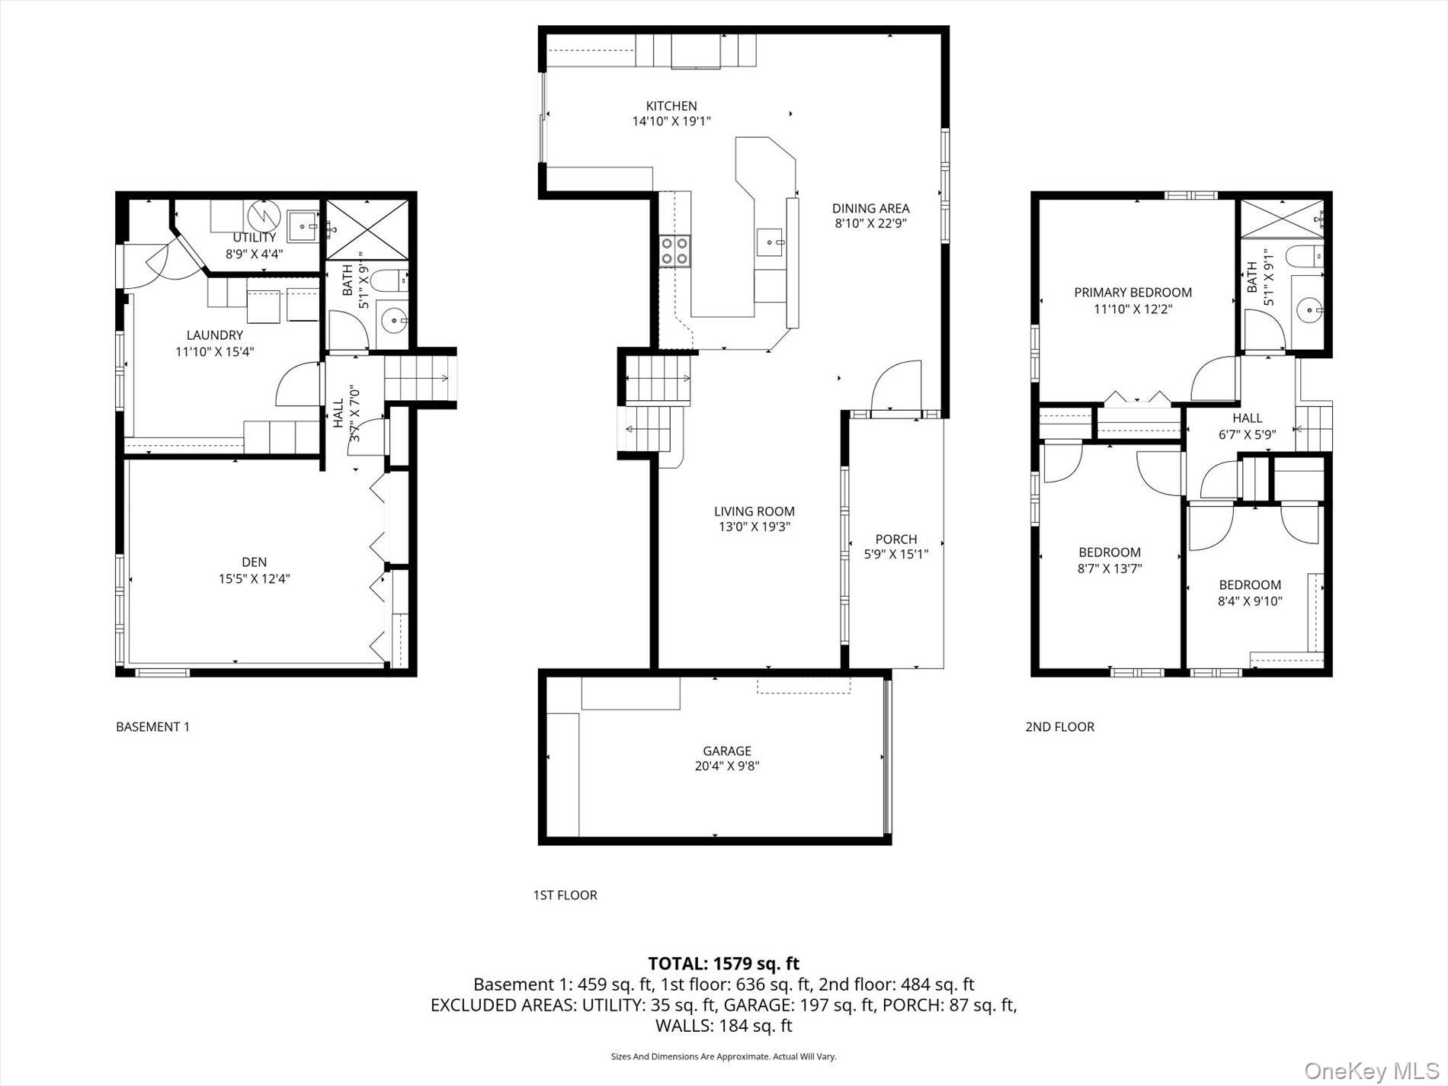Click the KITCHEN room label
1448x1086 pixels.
(x=671, y=106)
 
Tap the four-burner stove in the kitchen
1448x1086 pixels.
(x=675, y=251)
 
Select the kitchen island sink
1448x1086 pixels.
(x=770, y=243)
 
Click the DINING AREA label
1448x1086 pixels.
(x=870, y=208)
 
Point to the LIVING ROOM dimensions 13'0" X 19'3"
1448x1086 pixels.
(x=754, y=527)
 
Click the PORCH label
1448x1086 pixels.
(x=895, y=539)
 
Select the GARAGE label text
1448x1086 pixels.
(x=726, y=751)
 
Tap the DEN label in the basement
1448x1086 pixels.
(x=255, y=562)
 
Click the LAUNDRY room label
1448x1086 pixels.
(x=215, y=335)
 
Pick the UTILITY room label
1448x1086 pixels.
(x=255, y=238)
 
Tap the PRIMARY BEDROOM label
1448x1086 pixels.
(x=1132, y=292)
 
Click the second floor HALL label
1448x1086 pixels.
(x=1247, y=418)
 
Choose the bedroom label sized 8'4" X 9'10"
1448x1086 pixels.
(x=1250, y=585)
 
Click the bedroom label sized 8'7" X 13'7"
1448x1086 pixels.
(x=1110, y=553)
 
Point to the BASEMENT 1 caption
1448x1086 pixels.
(x=152, y=726)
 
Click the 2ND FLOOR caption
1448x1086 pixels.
(x=1059, y=726)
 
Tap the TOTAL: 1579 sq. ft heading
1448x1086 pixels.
(x=723, y=963)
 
